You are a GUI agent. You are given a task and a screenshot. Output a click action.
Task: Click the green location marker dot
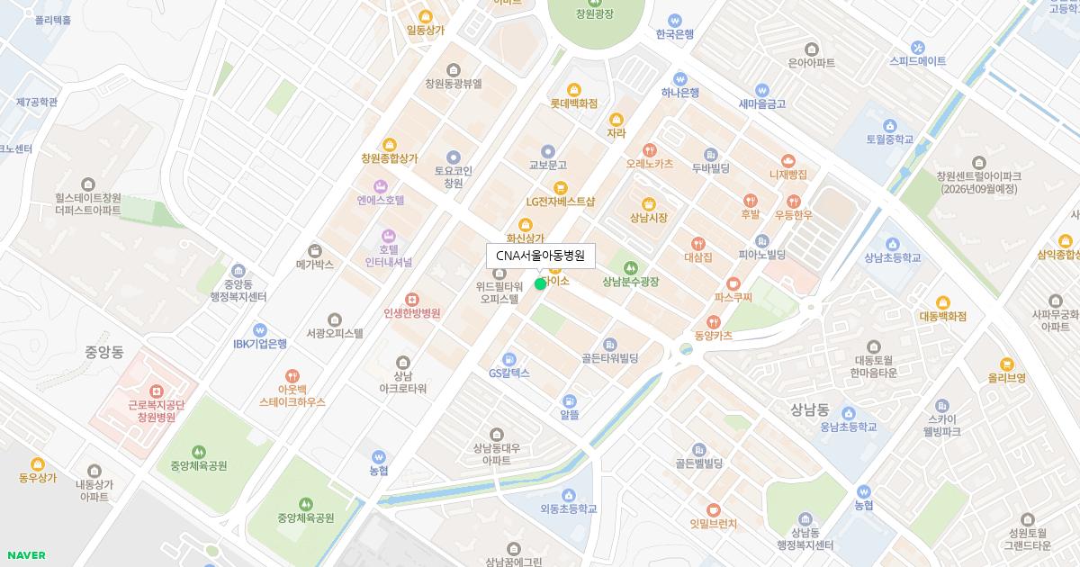(540, 284)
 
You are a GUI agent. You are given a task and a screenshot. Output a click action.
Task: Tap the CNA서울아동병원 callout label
(540, 256)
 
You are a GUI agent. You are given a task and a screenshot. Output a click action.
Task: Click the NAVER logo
(26, 555)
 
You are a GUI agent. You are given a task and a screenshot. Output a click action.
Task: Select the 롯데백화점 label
(573, 103)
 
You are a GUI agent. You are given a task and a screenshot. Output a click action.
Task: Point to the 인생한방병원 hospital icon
(411, 299)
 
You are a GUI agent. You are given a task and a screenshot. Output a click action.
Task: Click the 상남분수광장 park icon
(630, 267)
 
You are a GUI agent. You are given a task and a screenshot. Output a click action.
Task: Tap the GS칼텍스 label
(508, 373)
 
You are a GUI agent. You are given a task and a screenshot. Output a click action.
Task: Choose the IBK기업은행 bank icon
(260, 329)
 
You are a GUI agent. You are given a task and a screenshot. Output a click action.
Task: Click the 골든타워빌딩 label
(609, 358)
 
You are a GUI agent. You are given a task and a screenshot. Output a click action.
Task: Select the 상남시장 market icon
(648, 203)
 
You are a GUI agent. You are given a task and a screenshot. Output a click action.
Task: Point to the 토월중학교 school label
(889, 139)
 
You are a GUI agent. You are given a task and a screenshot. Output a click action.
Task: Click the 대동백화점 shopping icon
(942, 302)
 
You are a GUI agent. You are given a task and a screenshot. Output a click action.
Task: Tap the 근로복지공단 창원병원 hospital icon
(156, 391)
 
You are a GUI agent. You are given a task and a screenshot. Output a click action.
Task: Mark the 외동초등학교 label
(568, 508)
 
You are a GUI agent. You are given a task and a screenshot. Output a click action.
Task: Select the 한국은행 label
(674, 34)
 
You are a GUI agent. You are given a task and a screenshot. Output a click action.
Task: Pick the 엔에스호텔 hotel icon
(380, 185)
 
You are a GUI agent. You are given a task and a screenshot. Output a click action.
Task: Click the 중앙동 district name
(104, 352)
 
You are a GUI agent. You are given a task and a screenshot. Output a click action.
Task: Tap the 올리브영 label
(1006, 378)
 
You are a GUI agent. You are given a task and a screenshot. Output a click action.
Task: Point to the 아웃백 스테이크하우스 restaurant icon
(292, 375)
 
